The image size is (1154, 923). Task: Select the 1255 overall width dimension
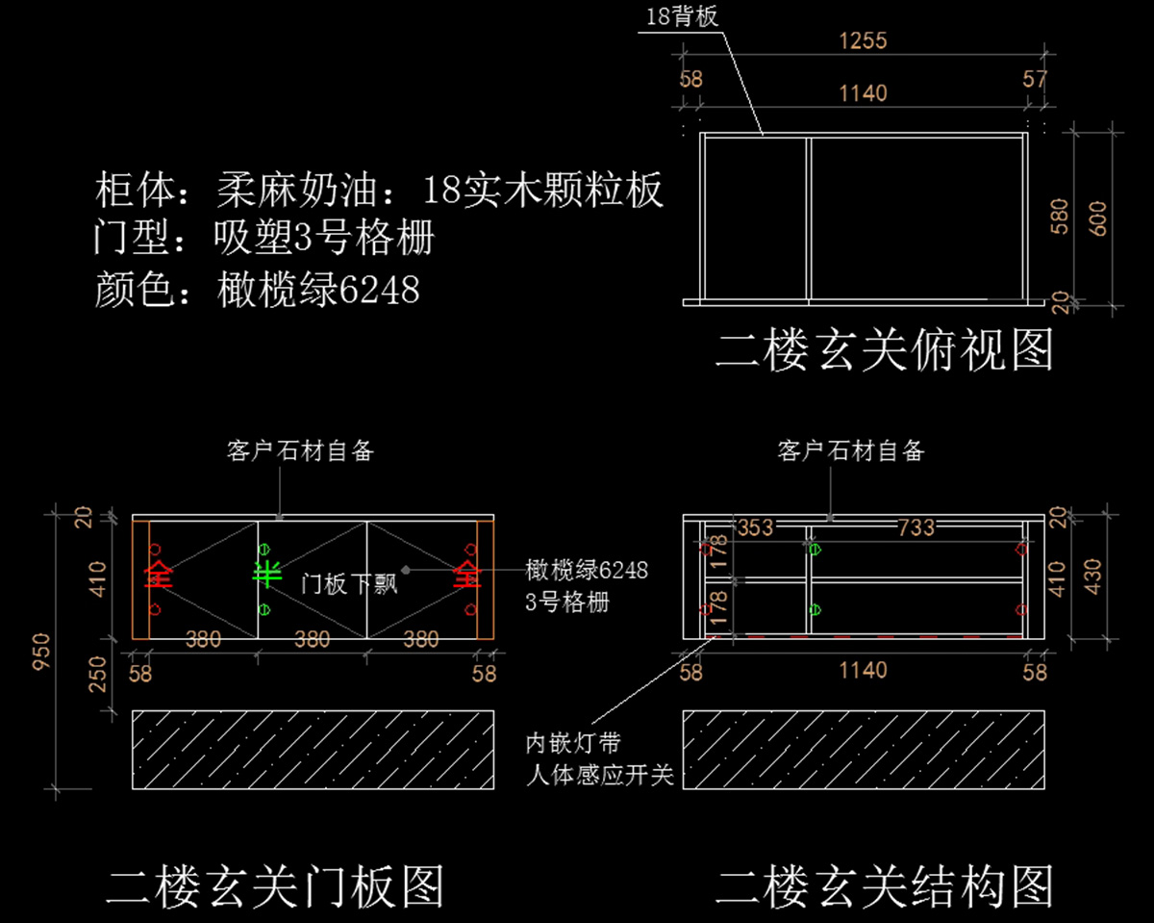[x=863, y=40]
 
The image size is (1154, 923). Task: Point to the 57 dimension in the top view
[x=1035, y=79]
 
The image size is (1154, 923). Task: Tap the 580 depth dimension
[x=1059, y=218]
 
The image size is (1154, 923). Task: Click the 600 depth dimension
[x=1097, y=218]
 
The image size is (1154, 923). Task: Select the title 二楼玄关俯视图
[x=884, y=350]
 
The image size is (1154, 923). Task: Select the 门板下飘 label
[x=349, y=582]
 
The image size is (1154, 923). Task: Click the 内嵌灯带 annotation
[x=572, y=743]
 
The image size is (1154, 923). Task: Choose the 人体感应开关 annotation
[x=599, y=775]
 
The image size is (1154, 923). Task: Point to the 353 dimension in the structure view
[x=755, y=526]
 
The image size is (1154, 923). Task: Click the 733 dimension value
[x=916, y=526]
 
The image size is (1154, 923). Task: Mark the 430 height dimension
[x=1094, y=575]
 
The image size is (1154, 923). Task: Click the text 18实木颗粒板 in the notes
[x=543, y=192]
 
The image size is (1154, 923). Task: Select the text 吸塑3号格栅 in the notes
[x=324, y=239]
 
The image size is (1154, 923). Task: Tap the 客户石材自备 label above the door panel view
[x=300, y=449]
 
